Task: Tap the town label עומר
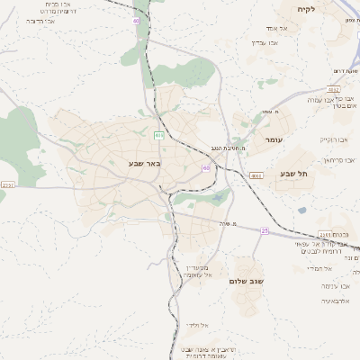pos(274,140)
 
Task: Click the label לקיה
pos(307,9)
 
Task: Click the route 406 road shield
pos(159,135)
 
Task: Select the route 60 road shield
pos(206,167)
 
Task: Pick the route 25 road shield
pos(265,230)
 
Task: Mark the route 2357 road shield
pos(8,184)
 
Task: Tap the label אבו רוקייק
pos(334,139)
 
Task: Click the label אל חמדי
pos(319,269)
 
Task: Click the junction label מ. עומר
pos(273,111)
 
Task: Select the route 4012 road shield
pos(334,88)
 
